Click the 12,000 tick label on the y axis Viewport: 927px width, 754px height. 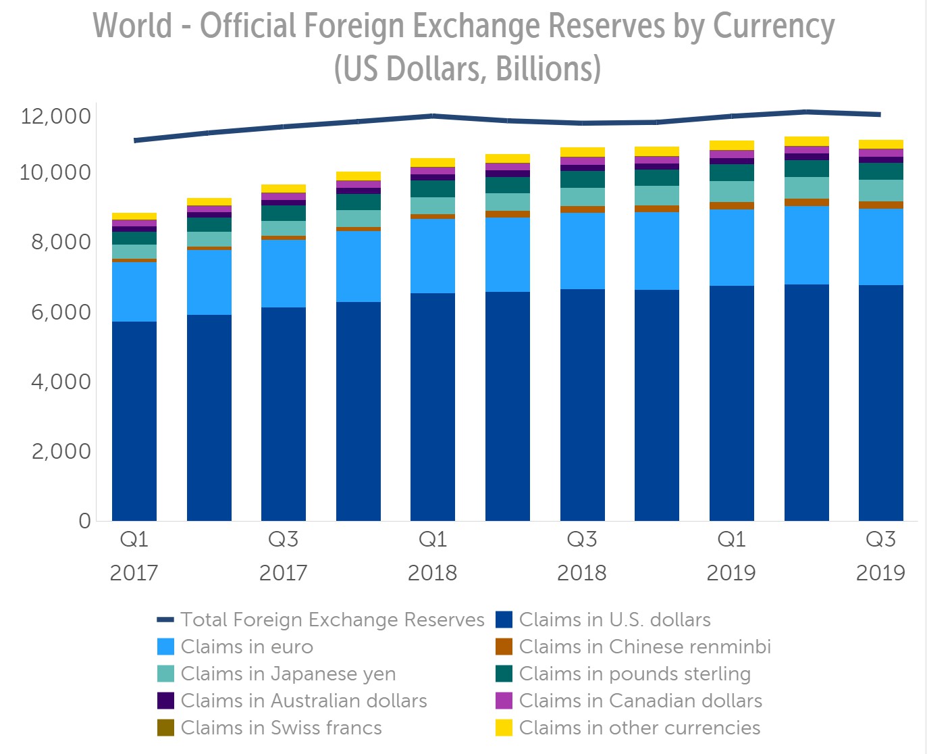55,116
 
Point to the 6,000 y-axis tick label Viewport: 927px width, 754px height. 60,312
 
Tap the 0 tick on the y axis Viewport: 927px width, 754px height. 84,521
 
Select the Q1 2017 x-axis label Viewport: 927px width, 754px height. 134,556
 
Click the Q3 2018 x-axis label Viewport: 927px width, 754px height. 581,556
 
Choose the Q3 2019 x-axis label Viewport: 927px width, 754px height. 880,556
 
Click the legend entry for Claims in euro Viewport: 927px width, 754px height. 246,647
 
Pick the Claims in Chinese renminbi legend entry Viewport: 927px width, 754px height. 645,647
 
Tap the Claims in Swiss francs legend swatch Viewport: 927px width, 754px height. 165,728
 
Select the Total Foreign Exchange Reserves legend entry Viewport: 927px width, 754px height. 332,620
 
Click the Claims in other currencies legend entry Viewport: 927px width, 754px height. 639,728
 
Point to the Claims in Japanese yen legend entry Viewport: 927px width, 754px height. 288,674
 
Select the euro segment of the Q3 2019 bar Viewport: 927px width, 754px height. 880,247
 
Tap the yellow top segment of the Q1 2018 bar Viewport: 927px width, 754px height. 433,162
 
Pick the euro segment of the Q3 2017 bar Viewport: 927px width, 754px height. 284,274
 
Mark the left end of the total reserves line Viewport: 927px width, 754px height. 135,141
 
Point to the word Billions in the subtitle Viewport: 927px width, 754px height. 548,69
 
